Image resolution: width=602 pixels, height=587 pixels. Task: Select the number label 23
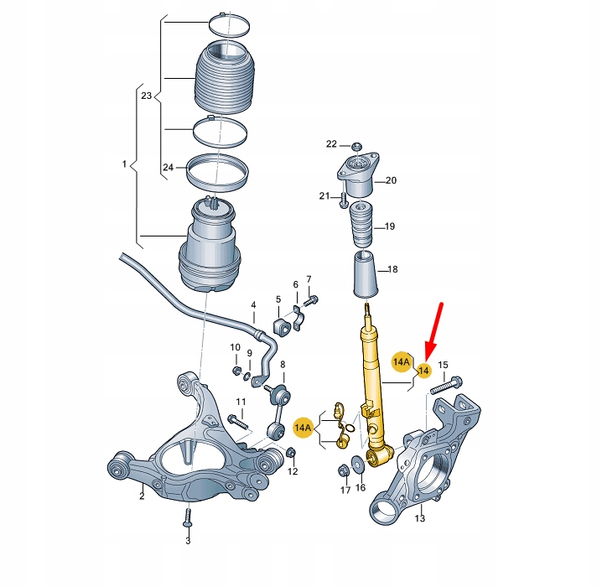[x=147, y=96]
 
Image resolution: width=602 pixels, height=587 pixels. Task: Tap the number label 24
[x=168, y=168]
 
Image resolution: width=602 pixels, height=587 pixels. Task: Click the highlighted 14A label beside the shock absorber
[x=402, y=361]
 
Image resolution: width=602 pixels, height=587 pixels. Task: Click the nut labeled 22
[x=356, y=147]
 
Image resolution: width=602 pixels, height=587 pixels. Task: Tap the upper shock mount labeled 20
[x=359, y=176]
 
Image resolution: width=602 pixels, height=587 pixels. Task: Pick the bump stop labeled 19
[x=361, y=227]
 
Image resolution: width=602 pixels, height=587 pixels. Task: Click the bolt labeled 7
[x=311, y=299]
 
